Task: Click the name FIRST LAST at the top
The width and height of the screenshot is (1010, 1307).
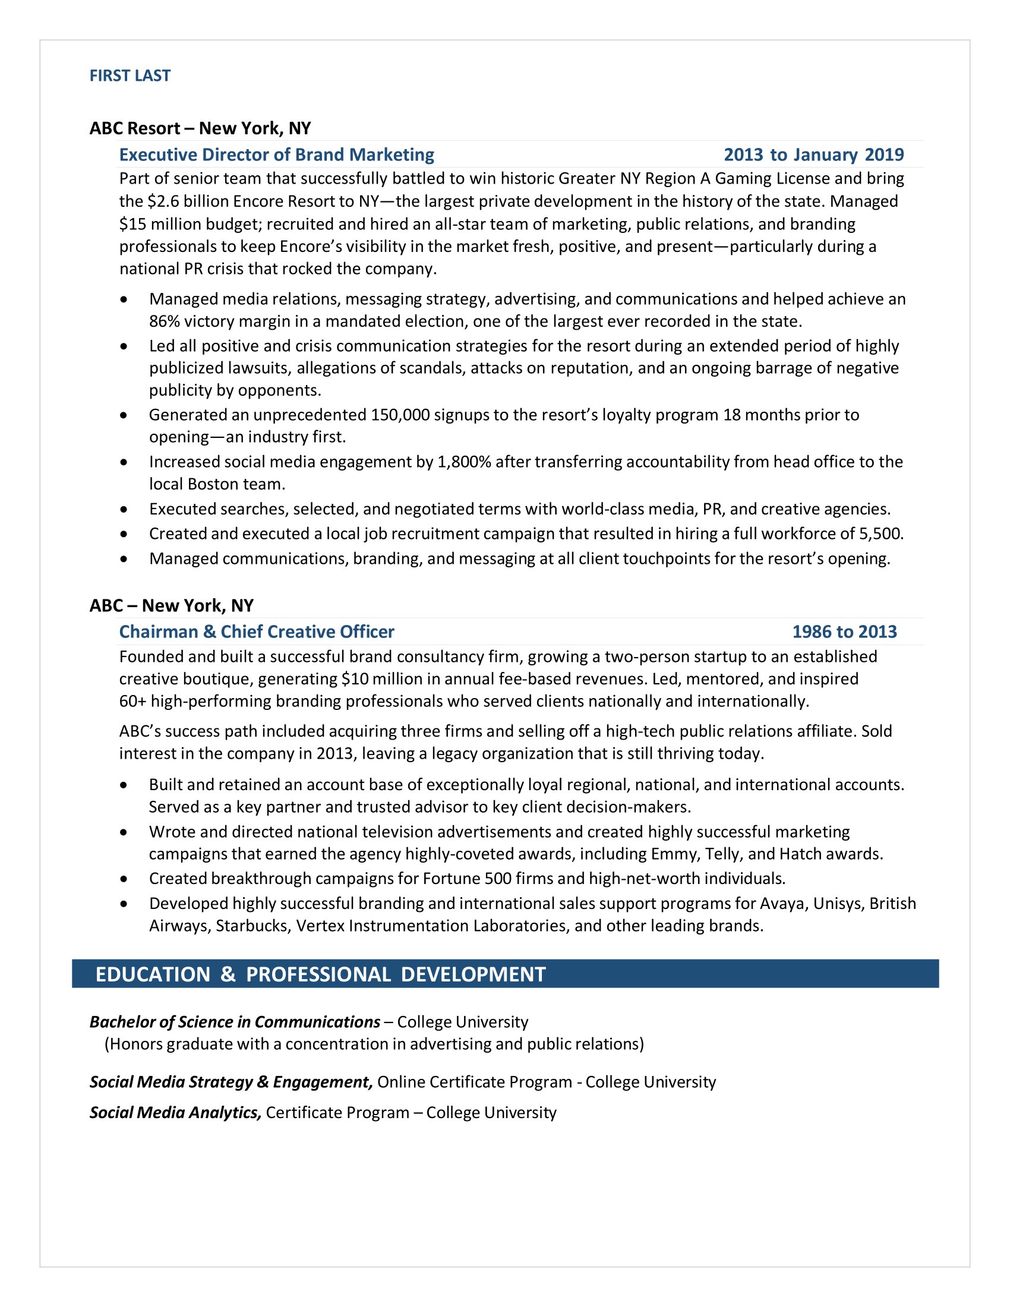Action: [x=130, y=75]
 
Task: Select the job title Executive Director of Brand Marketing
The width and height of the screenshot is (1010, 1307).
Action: [x=276, y=154]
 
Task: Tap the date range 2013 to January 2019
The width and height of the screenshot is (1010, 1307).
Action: [x=813, y=154]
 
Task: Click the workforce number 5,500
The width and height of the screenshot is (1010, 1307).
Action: [x=880, y=533]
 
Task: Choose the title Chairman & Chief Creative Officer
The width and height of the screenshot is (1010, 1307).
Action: [x=257, y=632]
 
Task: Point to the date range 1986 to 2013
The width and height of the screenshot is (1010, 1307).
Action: [x=844, y=632]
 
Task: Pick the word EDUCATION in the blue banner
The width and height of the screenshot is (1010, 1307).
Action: [x=153, y=974]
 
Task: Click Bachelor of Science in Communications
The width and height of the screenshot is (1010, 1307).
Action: [x=235, y=1022]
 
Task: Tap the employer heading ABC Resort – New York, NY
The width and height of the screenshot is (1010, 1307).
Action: [x=200, y=128]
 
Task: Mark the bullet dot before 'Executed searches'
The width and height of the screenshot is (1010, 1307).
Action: [x=124, y=509]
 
